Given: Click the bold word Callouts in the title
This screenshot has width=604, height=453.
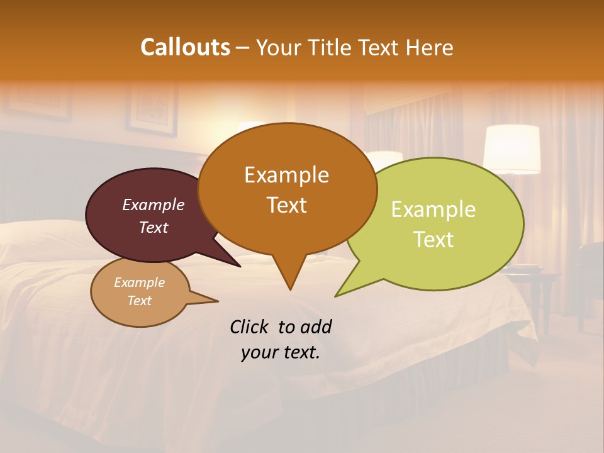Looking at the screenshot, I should click(x=185, y=48).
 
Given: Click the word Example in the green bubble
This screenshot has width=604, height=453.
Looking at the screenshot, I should click(x=433, y=210).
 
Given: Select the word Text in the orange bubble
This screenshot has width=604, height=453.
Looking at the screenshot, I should click(x=286, y=205).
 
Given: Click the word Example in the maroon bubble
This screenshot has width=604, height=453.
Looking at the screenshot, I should click(x=153, y=204).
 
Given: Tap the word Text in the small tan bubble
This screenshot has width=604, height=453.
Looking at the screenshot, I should click(x=139, y=301).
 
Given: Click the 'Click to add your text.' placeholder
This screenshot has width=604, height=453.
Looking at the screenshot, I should click(x=280, y=339).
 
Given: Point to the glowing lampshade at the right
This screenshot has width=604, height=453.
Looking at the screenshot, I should click(x=512, y=148).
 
